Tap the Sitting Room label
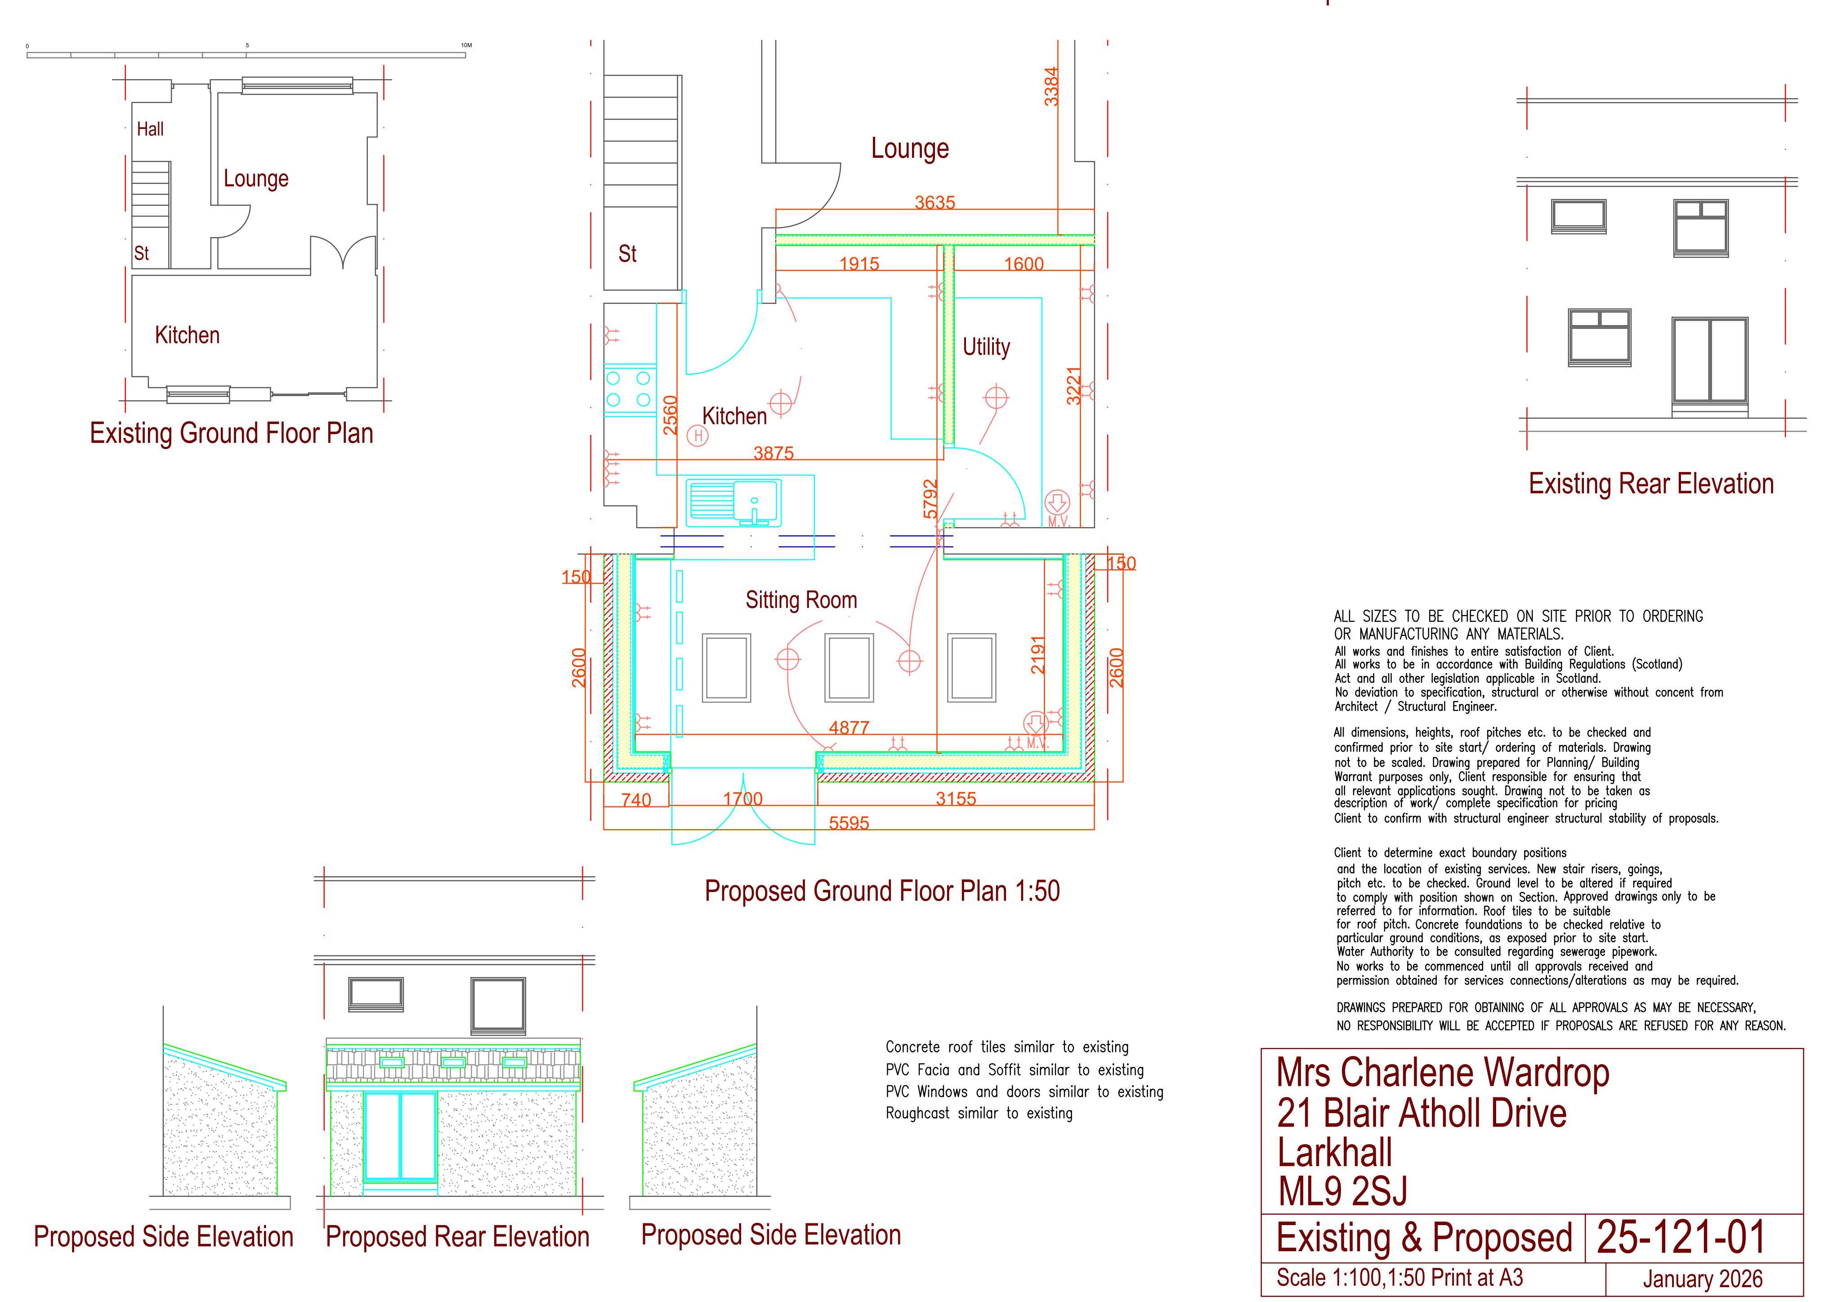[x=800, y=600]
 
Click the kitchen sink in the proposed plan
[x=734, y=503]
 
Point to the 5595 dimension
[x=849, y=823]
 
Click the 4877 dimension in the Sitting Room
[x=849, y=727]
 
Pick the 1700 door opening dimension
[x=743, y=799]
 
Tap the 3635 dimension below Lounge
[x=934, y=202]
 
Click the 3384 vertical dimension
[x=1051, y=86]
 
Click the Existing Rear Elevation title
[x=1651, y=484]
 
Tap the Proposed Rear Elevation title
[x=457, y=1236]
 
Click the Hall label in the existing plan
[x=150, y=129]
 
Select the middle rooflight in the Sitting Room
[x=849, y=668]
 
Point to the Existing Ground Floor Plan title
[x=231, y=433]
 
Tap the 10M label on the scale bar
[x=466, y=45]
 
